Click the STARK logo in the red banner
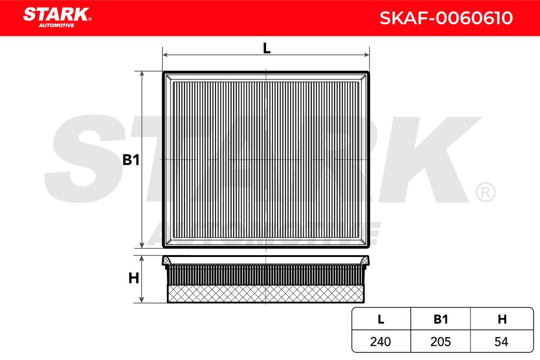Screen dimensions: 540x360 pos(57,18)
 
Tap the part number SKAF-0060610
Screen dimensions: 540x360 pos(446,18)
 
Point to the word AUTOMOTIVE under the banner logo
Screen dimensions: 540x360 pos(57,25)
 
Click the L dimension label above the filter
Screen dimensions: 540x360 pos(266,48)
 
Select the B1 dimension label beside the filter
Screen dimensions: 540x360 pos(131,160)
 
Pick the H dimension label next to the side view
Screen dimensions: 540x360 pos(134,278)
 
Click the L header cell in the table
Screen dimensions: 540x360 pos(381,319)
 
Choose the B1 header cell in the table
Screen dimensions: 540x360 pos(441,319)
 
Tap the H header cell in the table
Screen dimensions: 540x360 pos(502,319)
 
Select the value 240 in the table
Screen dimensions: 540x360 pos(380,342)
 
